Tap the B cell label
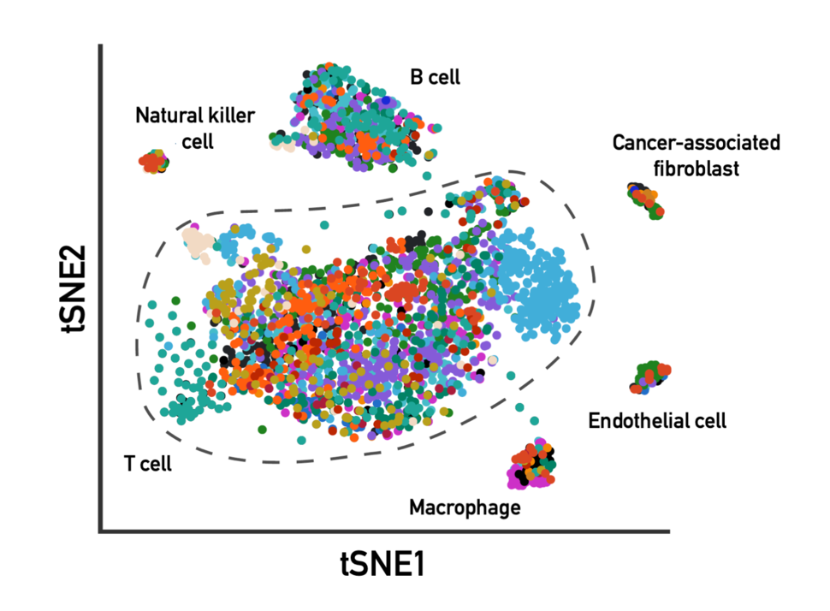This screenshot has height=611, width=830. coord(435,78)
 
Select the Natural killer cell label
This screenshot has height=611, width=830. coord(194,127)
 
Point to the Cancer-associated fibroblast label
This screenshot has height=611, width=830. coord(696,155)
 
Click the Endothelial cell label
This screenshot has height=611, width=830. coord(657,421)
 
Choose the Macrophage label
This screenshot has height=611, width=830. coord(465,508)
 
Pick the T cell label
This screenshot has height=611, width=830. coord(147,465)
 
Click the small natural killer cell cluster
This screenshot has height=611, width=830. coord(155,160)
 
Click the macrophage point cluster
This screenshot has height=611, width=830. coord(533,466)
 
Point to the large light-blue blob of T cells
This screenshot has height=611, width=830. coord(538,287)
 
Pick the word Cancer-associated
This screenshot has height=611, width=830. coord(696,142)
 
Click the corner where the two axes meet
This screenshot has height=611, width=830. coord(102,531)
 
